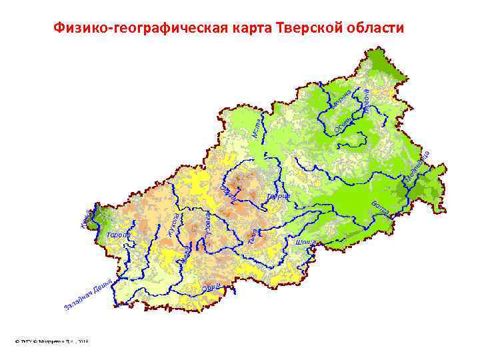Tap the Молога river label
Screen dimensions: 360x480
tap(366, 100)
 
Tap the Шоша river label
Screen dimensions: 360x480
tap(305, 242)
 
